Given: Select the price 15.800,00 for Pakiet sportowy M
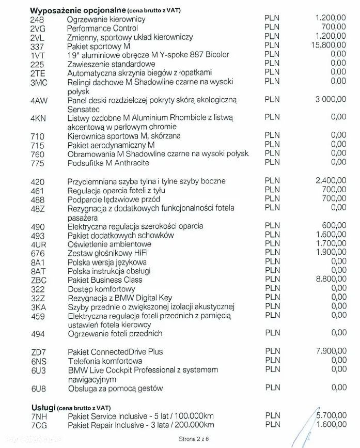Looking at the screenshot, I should tap(328, 45).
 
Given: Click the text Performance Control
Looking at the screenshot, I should tap(103, 28).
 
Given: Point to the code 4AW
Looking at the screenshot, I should tap(39, 101).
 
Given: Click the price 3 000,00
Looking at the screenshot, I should tap(331, 99).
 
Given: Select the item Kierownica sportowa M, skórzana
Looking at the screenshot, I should tap(123, 136).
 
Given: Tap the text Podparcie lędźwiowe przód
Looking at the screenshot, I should tap(114, 199).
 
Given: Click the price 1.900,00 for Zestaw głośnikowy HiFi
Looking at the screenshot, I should tap(331, 252).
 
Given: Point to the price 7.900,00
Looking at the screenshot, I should tap(331, 351).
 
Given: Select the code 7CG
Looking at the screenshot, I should tap(39, 426).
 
